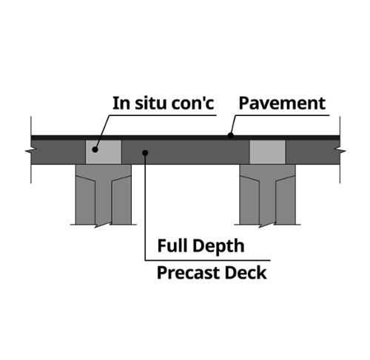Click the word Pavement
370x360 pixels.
[282, 103]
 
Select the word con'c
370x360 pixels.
[192, 103]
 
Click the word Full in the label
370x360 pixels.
[172, 245]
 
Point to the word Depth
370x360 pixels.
[218, 246]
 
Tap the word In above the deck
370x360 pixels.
[121, 103]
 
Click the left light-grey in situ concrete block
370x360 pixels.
[104, 152]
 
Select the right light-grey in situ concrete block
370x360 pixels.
[268, 152]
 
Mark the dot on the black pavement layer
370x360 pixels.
[231, 135]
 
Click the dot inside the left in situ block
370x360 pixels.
[95, 149]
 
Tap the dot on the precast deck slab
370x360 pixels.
[145, 153]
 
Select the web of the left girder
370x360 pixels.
[104, 200]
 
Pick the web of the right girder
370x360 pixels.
[267, 200]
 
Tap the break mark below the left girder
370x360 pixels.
[103, 225]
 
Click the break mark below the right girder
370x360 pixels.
[267, 225]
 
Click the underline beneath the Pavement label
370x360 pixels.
[282, 115]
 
